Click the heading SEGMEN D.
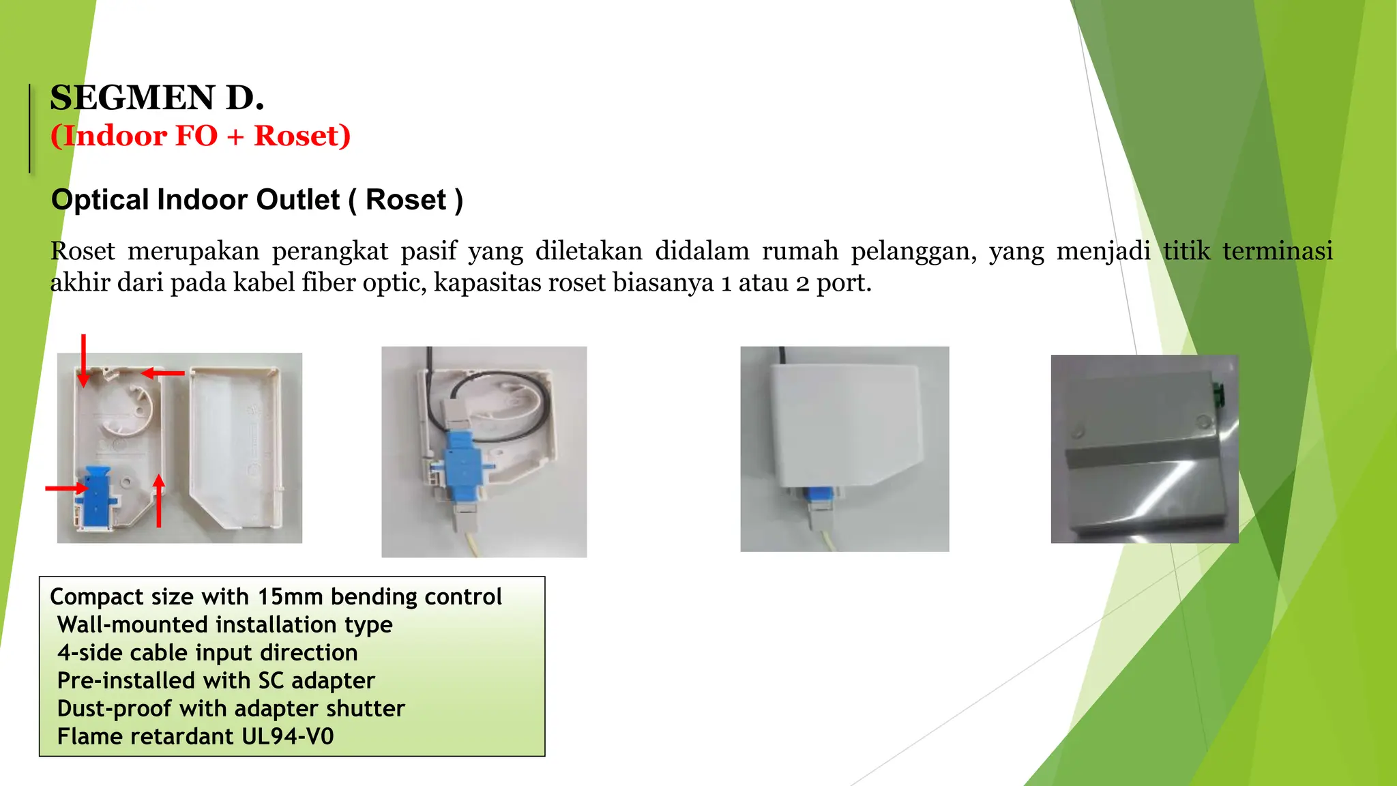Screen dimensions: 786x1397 click(157, 98)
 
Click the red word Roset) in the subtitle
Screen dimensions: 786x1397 click(302, 136)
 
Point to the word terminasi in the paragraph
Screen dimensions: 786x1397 click(1277, 251)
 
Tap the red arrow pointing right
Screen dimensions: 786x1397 click(67, 488)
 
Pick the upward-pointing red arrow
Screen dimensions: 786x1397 click(159, 501)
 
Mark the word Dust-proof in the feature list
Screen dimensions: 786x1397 click(114, 709)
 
